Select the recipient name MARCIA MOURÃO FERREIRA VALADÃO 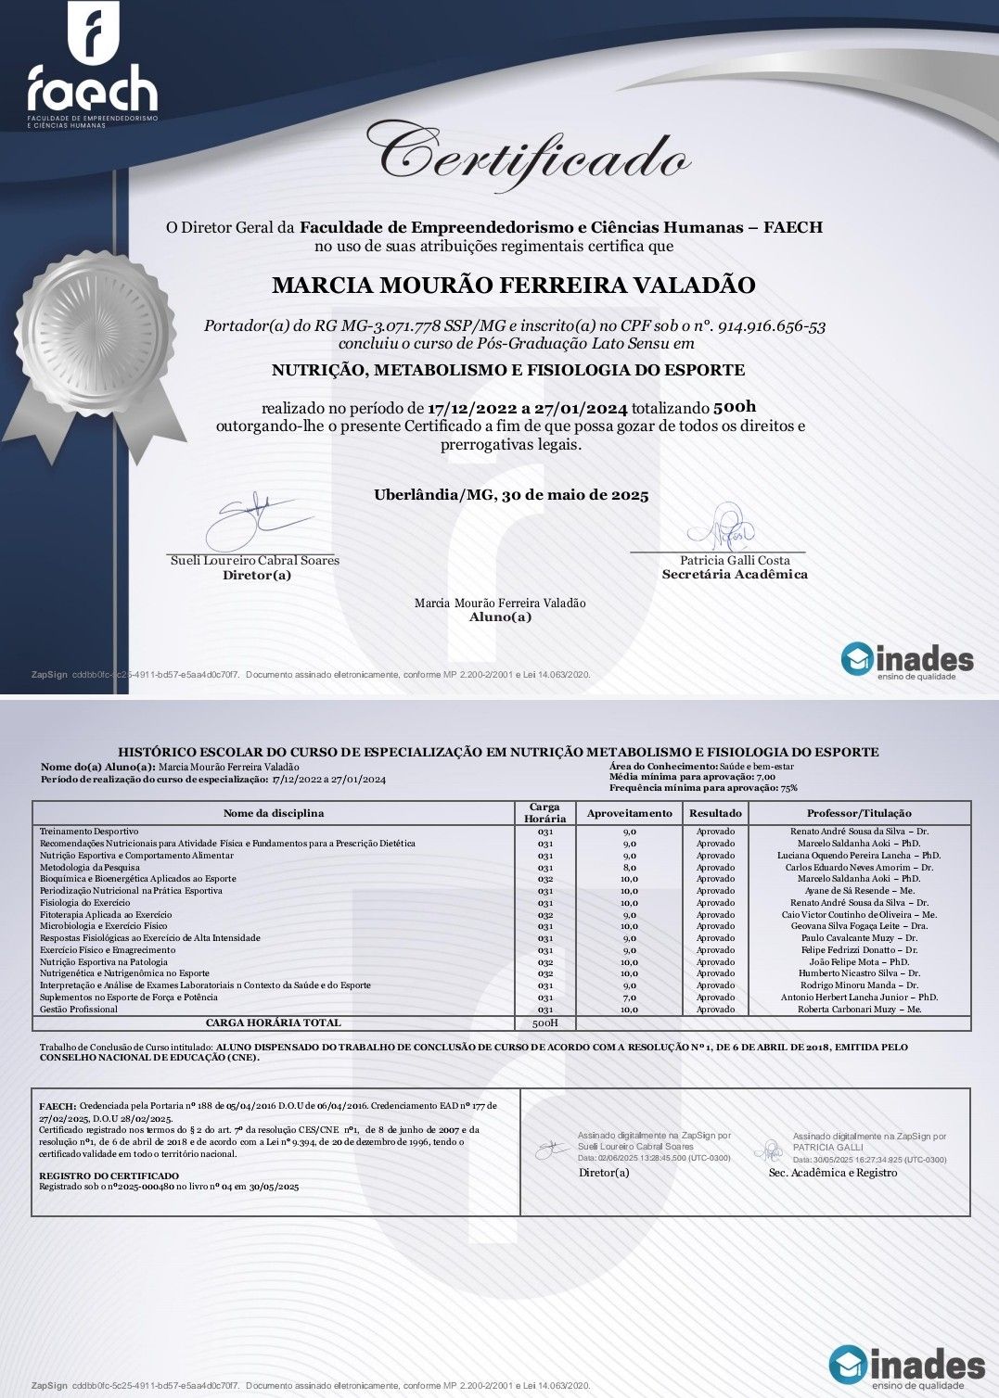[x=513, y=285]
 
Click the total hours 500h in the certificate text [x=735, y=407]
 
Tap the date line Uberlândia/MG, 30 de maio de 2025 [x=511, y=495]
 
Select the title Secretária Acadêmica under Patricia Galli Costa [x=735, y=575]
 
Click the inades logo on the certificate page [x=907, y=660]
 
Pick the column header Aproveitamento [x=629, y=813]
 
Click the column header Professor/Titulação [x=859, y=813]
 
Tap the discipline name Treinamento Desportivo [x=89, y=832]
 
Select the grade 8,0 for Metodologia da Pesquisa [x=629, y=868]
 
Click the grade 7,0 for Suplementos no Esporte [x=629, y=998]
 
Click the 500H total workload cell [x=544, y=1023]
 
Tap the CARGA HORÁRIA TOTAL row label [x=273, y=1023]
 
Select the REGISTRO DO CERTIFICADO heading [x=109, y=1176]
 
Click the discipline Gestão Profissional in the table [x=79, y=1010]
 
